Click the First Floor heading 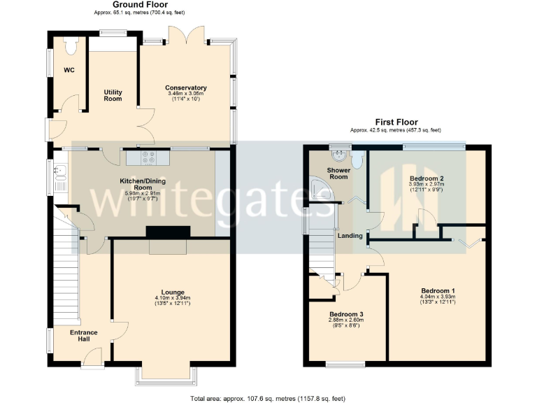396,122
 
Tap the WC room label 69,70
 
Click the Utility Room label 113,95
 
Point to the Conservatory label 186,87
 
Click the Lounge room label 172,292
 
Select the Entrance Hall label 83,336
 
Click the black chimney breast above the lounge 168,233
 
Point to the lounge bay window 169,376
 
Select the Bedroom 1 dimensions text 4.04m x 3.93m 438,297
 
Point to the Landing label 350,236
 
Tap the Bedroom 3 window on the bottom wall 345,364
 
